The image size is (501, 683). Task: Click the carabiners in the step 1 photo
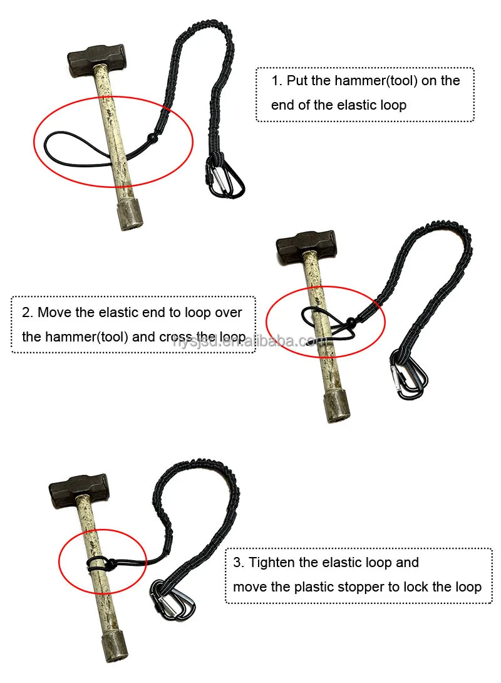click(226, 178)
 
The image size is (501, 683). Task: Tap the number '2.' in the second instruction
click(27, 312)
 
